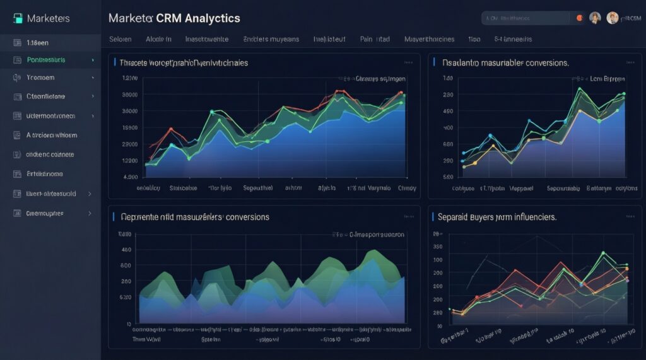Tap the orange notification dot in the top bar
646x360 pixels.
click(x=579, y=18)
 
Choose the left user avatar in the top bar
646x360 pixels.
click(x=595, y=18)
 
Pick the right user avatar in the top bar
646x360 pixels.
click(x=612, y=18)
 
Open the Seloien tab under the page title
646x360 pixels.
click(x=120, y=39)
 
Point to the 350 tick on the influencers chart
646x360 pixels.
click(x=437, y=247)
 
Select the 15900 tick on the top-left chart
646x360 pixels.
click(x=129, y=127)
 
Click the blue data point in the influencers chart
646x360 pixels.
click(x=450, y=310)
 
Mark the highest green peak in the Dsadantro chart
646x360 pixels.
click(x=579, y=89)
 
